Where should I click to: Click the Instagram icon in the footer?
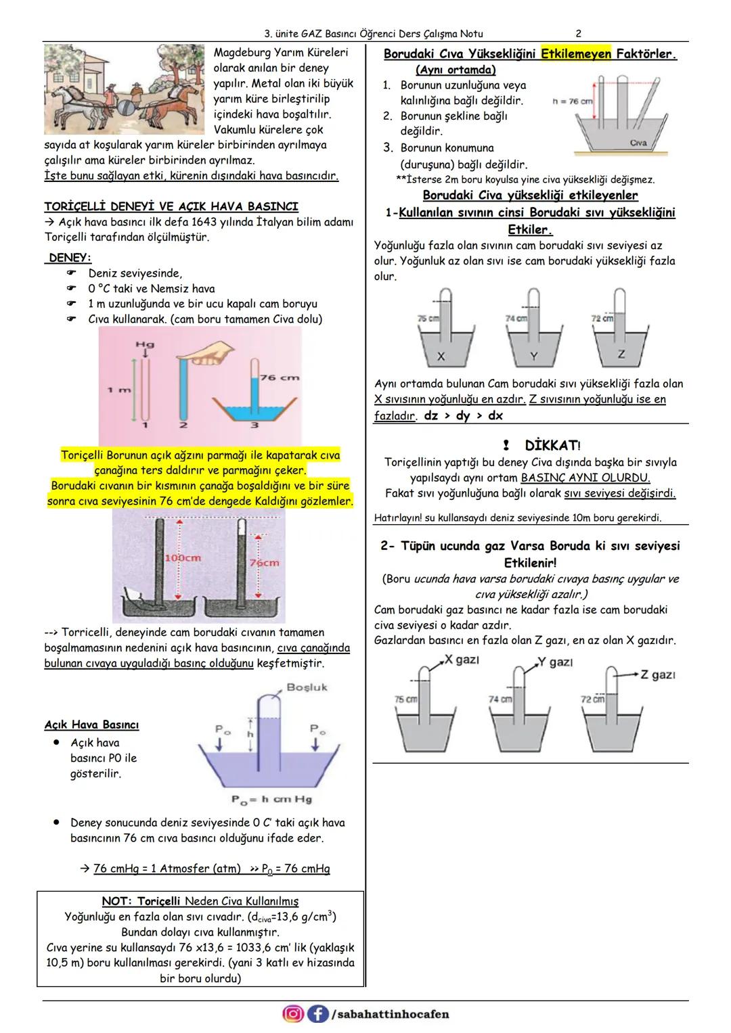click(293, 1013)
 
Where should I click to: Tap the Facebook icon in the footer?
click(317, 1013)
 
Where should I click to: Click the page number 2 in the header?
click(578, 33)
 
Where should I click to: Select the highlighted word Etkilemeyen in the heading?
click(576, 53)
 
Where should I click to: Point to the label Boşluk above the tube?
click(307, 687)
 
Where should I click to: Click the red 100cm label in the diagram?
click(183, 558)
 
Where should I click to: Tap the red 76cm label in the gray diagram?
click(265, 563)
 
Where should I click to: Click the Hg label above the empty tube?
click(144, 344)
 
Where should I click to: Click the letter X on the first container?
click(441, 356)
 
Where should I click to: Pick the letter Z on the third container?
click(621, 354)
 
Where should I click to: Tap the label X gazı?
click(462, 660)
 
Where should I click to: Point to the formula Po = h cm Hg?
click(272, 800)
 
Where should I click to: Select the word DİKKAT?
click(552, 446)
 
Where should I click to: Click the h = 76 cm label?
click(572, 101)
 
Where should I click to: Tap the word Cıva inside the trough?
click(638, 143)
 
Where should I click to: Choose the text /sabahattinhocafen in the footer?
click(390, 1014)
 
